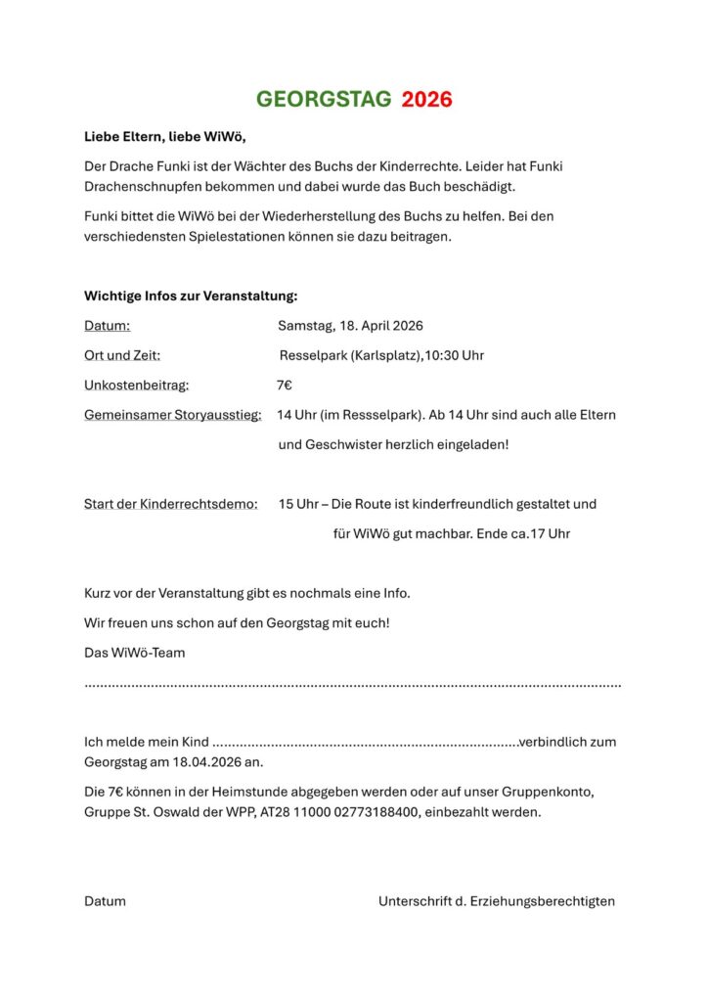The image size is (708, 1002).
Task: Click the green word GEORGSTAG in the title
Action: [x=324, y=99]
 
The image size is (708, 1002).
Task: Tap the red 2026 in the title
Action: [x=427, y=99]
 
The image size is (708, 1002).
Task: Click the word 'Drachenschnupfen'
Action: [x=142, y=186]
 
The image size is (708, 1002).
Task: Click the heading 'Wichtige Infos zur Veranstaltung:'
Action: [x=191, y=296]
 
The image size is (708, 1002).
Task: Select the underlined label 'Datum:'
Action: [x=107, y=325]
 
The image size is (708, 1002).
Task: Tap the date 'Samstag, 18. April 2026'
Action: [x=350, y=325]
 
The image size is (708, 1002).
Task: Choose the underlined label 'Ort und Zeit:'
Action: [x=122, y=355]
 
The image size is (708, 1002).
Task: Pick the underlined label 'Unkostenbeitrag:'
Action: [x=137, y=386]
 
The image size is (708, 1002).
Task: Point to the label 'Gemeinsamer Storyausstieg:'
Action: [x=172, y=415]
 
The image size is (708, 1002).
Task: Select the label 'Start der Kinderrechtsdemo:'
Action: [x=171, y=504]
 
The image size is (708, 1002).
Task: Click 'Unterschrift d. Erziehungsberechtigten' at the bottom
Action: [x=497, y=901]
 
